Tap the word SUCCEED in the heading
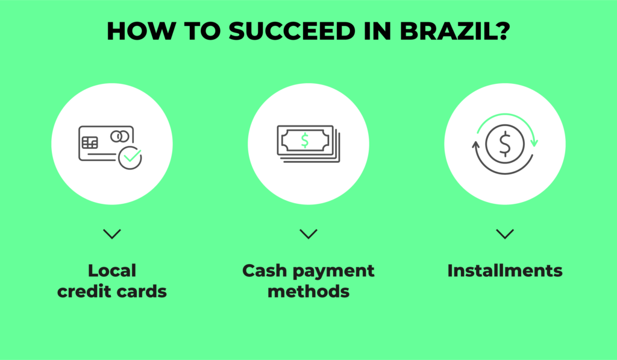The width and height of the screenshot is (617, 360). click(292, 31)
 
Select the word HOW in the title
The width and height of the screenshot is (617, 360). click(140, 31)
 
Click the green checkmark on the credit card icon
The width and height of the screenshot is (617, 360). click(132, 156)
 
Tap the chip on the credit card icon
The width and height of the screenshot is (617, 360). click(90, 142)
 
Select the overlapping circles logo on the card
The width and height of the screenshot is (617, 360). click(120, 137)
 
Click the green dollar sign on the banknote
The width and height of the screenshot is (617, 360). click(304, 141)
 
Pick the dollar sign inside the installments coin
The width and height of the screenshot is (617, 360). click(505, 144)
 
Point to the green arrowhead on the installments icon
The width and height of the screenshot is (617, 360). click(534, 142)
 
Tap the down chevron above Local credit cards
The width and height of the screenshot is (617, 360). click(112, 234)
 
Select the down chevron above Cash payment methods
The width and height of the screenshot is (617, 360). click(308, 234)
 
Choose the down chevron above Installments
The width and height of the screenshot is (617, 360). click(505, 234)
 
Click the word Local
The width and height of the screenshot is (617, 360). click(112, 271)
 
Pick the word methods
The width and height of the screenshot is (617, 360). click(308, 291)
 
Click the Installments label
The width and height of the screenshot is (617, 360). click(505, 271)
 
